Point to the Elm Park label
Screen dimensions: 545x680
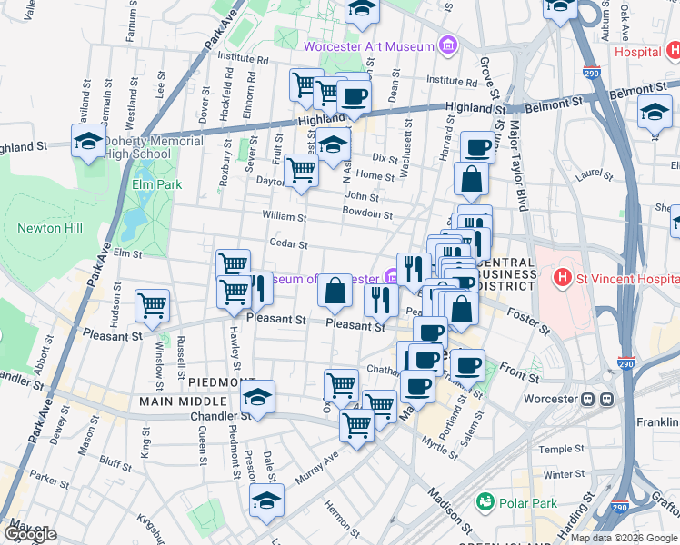(x=152, y=184)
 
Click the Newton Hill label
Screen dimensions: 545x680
(x=51, y=228)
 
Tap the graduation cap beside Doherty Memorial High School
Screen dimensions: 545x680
(x=87, y=142)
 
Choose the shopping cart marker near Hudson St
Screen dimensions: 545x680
(x=152, y=305)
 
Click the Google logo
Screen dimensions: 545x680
(x=30, y=534)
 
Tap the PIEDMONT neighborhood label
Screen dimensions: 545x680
(x=215, y=382)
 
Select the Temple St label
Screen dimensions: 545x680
(x=561, y=449)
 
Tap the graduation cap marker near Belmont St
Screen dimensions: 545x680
(x=655, y=113)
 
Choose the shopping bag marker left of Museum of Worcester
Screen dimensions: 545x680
(x=335, y=291)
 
